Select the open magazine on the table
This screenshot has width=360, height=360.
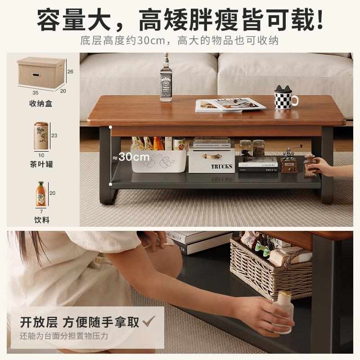click(230, 105)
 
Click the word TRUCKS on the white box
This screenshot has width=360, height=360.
click(222, 166)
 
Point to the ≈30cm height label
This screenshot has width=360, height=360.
click(130, 157)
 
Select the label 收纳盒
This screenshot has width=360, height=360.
click(40, 103)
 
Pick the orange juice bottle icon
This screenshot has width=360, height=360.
click(41, 194)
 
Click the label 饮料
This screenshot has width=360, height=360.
click(42, 220)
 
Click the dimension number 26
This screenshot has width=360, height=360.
click(70, 72)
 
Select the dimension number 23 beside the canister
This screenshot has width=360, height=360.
click(54, 135)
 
